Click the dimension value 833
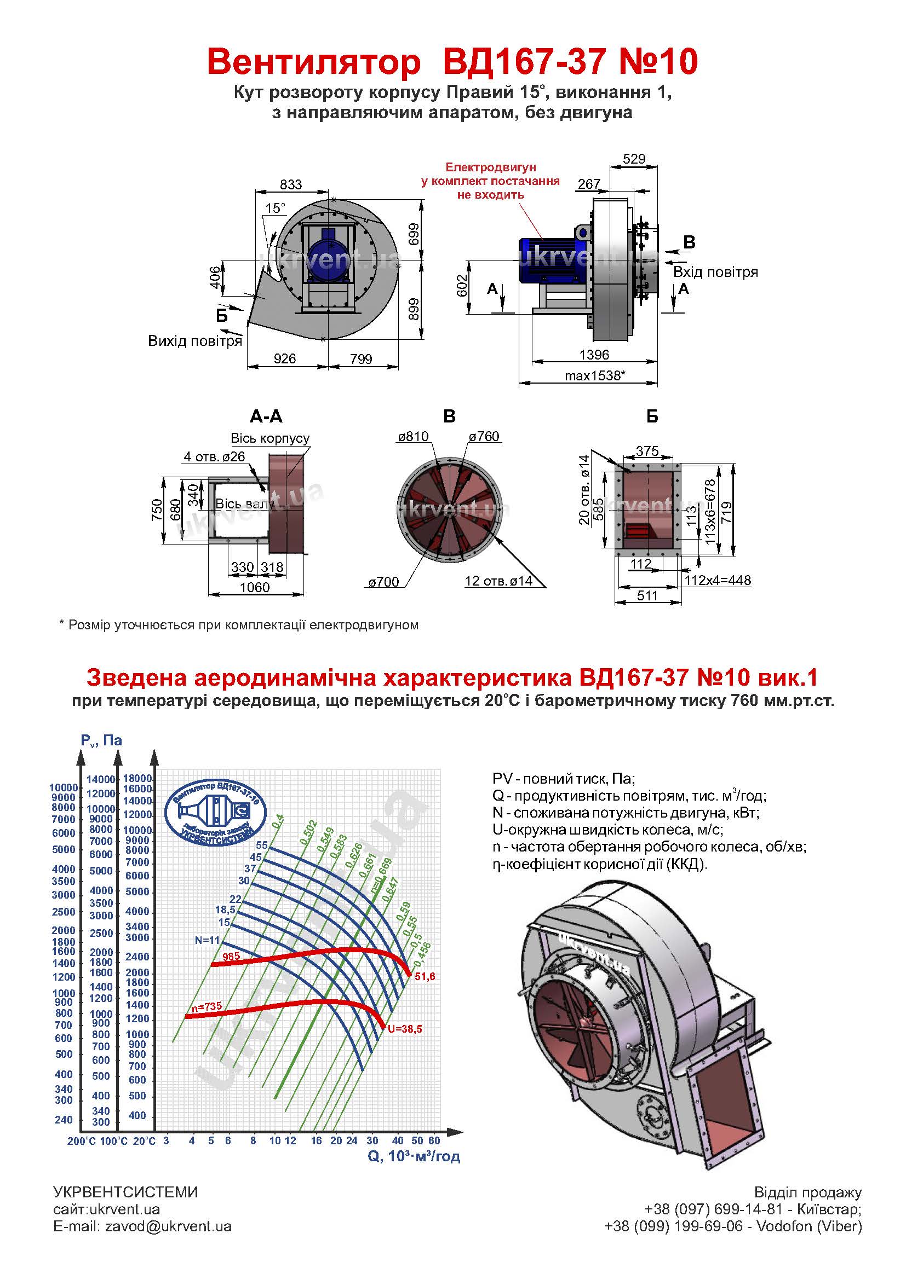tap(291, 184)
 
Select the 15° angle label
tap(275, 208)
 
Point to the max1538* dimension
tap(595, 376)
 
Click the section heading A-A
tap(266, 416)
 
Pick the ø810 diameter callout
tap(413, 437)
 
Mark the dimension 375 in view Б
tap(647, 450)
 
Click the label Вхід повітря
tap(716, 273)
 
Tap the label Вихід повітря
tap(194, 340)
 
